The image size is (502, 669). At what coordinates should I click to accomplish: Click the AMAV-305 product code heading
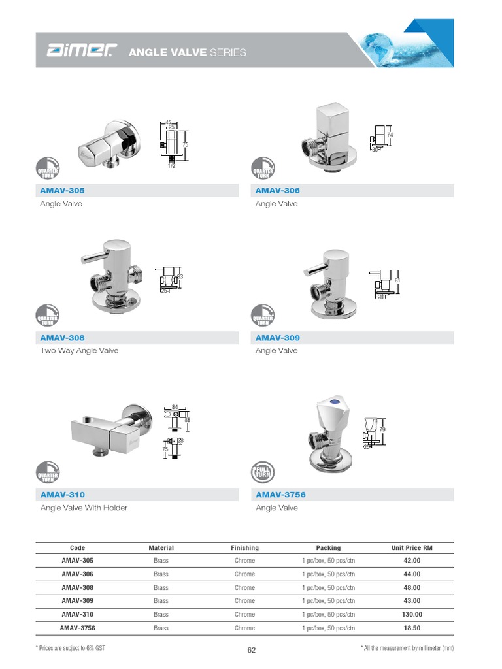point(63,191)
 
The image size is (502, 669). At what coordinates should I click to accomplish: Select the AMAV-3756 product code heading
point(280,495)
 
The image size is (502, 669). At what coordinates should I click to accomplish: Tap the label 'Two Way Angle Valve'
point(79,351)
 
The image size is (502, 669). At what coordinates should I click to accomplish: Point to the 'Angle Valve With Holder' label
point(84,508)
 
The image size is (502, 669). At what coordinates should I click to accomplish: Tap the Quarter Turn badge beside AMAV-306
point(263,168)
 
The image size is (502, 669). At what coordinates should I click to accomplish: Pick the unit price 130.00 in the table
point(412,614)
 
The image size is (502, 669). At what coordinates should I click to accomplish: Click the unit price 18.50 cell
point(412,628)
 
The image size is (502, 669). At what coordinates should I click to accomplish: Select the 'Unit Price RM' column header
point(412,547)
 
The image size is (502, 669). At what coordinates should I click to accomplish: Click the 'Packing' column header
point(328,547)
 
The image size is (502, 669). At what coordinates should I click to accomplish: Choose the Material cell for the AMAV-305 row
point(161,561)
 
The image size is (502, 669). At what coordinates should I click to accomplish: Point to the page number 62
point(252,650)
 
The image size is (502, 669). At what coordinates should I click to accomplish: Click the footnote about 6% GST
point(70,647)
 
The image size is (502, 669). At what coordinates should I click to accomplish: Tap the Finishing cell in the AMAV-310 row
point(244,614)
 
